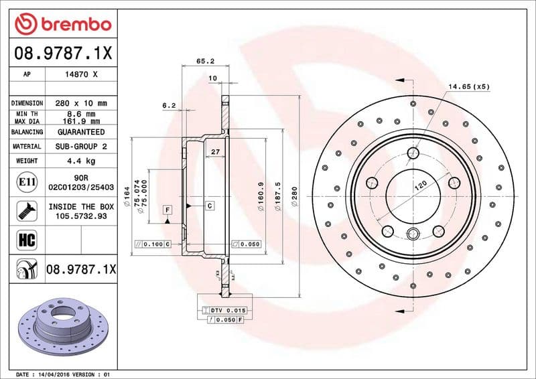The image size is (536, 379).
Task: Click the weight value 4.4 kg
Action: click(82, 161)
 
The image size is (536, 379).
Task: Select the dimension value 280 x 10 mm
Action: click(82, 103)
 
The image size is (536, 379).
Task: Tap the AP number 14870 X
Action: click(82, 75)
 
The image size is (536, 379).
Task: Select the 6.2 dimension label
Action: click(169, 105)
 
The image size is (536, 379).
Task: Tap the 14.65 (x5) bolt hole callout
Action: click(469, 86)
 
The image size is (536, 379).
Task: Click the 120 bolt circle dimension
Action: click(420, 186)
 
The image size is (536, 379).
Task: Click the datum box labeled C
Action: click(210, 205)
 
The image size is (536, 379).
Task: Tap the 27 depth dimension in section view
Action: click(215, 153)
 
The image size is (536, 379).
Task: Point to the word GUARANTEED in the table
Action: click(82, 132)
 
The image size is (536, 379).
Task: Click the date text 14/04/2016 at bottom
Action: click(54, 374)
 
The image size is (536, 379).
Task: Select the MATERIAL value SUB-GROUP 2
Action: click(82, 146)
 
